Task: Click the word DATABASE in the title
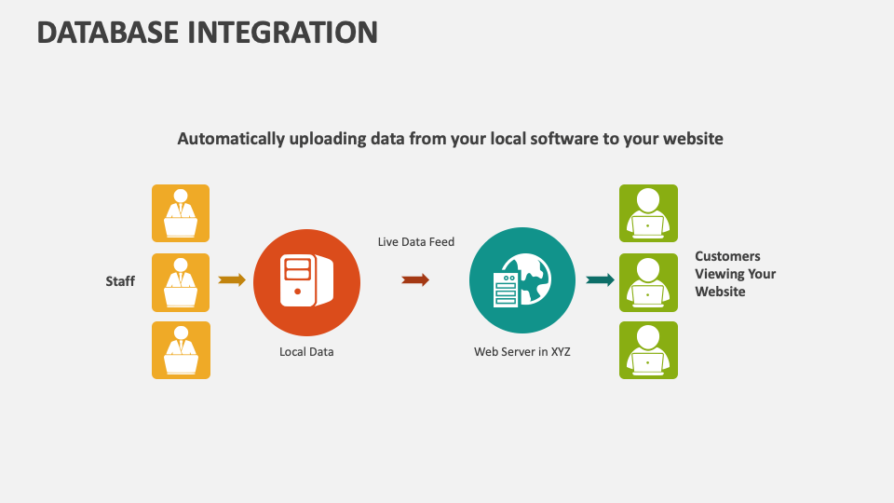pyautogui.click(x=108, y=33)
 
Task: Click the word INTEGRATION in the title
pyautogui.click(x=283, y=33)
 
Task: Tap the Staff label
pyautogui.click(x=120, y=281)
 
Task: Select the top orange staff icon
pyautogui.click(x=181, y=213)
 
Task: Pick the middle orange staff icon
pyautogui.click(x=181, y=282)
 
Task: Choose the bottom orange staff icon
pyautogui.click(x=181, y=350)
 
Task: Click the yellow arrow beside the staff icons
pyautogui.click(x=232, y=280)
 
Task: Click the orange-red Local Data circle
pyautogui.click(x=306, y=283)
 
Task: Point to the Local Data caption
pyautogui.click(x=306, y=352)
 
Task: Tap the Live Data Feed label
pyautogui.click(x=416, y=242)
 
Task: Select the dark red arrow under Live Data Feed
pyautogui.click(x=415, y=280)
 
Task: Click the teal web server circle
pyautogui.click(x=522, y=280)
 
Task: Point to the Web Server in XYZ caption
pyautogui.click(x=522, y=352)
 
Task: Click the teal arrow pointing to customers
pyautogui.click(x=601, y=280)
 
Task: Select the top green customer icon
pyautogui.click(x=649, y=213)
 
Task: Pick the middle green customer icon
pyautogui.click(x=649, y=282)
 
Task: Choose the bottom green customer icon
pyautogui.click(x=649, y=350)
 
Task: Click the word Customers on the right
pyautogui.click(x=727, y=256)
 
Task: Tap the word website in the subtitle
pyautogui.click(x=693, y=139)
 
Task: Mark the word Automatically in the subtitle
pyautogui.click(x=231, y=139)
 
